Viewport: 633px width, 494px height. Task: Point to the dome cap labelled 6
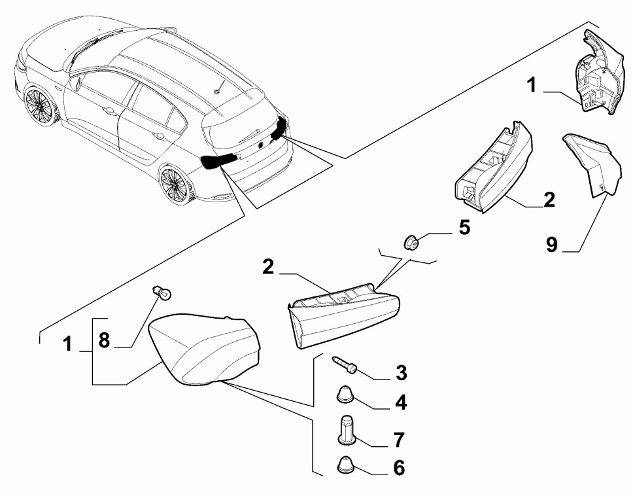[x=345, y=465]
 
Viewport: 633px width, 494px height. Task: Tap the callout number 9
[x=552, y=245]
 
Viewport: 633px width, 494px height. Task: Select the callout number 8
[x=104, y=340]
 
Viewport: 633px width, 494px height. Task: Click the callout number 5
[x=464, y=228]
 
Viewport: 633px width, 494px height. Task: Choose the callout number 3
[x=401, y=374]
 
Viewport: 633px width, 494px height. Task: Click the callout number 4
[x=400, y=403]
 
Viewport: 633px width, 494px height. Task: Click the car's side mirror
[x=77, y=83]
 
